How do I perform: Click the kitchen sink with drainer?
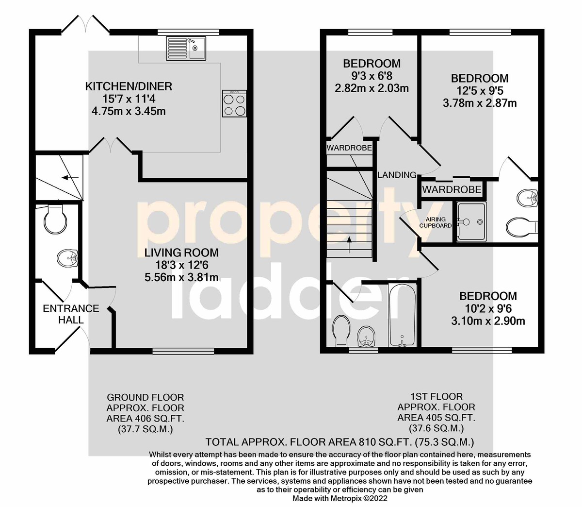click(186, 48)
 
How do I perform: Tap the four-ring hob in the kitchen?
click(234, 103)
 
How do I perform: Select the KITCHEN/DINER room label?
click(129, 86)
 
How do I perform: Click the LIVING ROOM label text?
click(181, 253)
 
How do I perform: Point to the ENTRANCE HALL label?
click(71, 314)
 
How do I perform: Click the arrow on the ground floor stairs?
click(70, 178)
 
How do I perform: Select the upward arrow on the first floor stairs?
click(349, 245)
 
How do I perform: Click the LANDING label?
click(397, 175)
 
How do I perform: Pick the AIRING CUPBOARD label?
click(436, 222)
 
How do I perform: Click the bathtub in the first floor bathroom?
click(402, 315)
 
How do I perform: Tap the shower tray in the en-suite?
click(471, 221)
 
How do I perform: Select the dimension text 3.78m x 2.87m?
click(480, 103)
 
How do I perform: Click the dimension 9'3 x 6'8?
click(372, 76)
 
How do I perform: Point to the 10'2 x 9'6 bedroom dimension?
click(488, 308)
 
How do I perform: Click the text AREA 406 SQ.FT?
click(145, 419)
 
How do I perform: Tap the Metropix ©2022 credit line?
click(340, 498)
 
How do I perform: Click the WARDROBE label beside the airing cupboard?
click(452, 189)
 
